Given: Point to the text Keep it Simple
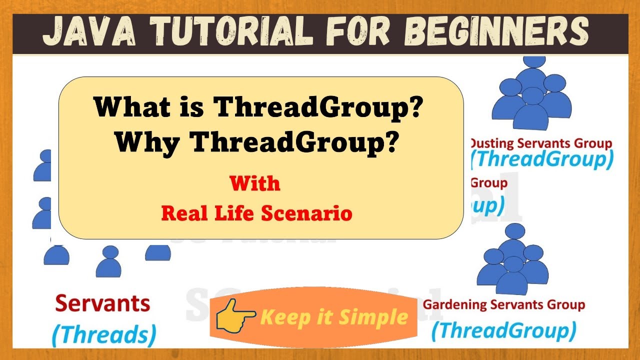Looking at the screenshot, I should pos(334,317).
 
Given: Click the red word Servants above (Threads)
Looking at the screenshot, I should pos(102,303).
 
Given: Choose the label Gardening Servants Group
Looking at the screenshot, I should pos(504,304).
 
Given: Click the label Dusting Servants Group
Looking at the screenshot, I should pos(541,144).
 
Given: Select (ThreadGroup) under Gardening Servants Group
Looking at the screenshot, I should pos(503,330).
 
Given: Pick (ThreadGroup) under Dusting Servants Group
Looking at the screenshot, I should pos(542,160).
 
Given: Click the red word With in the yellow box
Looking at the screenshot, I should pos(255,183).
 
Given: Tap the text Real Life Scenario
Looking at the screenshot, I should pos(256,213).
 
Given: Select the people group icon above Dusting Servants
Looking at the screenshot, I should pos(531,92).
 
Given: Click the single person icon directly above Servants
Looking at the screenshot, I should pos(108,261).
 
